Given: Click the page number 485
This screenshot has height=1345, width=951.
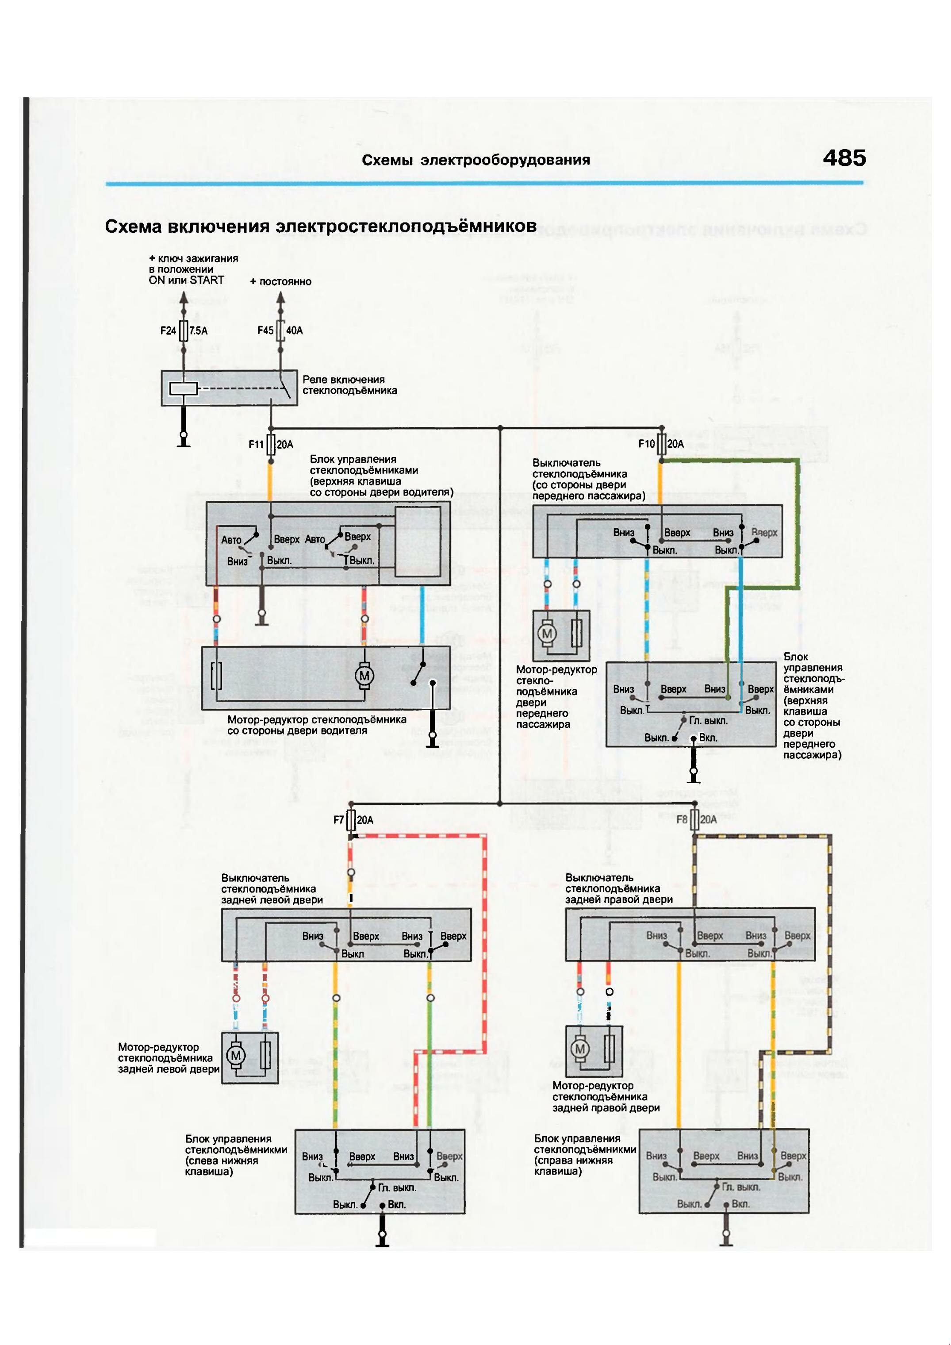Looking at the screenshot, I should [x=844, y=158].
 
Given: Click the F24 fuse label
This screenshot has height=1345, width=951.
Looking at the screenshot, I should [x=168, y=331].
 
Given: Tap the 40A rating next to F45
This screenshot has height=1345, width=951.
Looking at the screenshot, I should [x=295, y=331].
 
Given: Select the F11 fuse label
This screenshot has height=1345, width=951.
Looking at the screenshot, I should [x=256, y=445].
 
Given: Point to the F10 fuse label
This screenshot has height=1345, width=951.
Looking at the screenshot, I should [x=647, y=444].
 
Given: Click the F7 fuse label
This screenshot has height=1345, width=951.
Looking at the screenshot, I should [x=338, y=820].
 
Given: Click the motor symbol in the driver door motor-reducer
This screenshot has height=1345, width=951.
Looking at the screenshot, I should [x=364, y=676].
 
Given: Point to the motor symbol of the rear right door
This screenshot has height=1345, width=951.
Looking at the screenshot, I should [x=580, y=1049].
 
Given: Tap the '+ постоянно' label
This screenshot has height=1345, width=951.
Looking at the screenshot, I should [x=280, y=282].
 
